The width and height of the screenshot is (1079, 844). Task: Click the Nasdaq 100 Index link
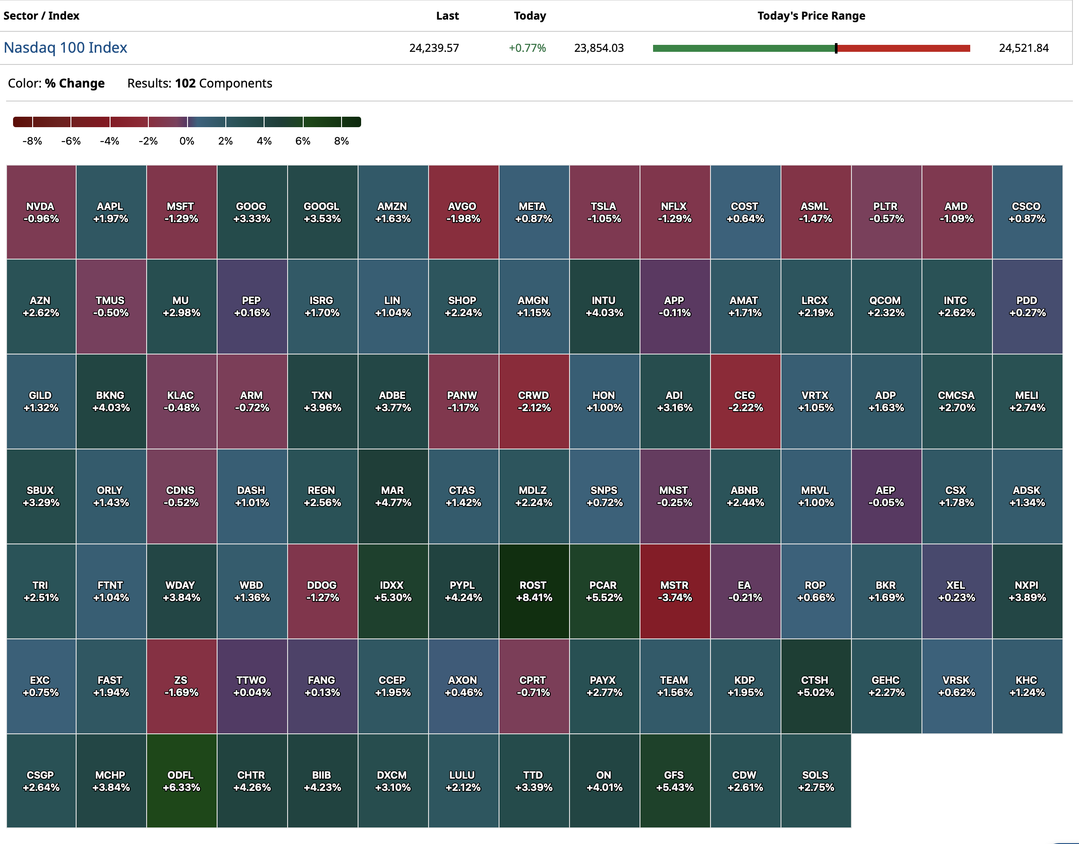[65, 47]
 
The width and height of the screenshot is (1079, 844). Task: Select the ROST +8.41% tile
[533, 591]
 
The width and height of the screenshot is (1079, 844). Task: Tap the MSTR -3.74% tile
[674, 591]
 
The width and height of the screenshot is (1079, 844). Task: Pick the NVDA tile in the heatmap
[41, 212]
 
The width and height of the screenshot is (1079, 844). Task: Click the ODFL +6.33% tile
[181, 781]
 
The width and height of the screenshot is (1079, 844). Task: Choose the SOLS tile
[815, 781]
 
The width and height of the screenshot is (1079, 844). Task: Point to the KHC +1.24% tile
[1027, 686]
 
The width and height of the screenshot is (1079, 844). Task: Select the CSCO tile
[1027, 212]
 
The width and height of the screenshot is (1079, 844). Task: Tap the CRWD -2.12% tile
[533, 402]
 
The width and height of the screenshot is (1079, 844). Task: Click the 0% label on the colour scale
[187, 142]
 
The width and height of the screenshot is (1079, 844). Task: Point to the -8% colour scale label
[32, 142]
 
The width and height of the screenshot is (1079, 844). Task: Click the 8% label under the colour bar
[342, 142]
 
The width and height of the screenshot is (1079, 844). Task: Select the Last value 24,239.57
[434, 48]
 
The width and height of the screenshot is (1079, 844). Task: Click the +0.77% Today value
[527, 48]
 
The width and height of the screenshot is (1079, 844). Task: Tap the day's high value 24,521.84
[1024, 48]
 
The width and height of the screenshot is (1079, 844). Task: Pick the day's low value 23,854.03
[599, 48]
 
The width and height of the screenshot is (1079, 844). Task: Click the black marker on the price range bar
[836, 48]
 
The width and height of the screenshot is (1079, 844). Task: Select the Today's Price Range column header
[811, 16]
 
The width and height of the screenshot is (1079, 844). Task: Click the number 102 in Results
[185, 83]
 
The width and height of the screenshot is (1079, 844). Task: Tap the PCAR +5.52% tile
[604, 591]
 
